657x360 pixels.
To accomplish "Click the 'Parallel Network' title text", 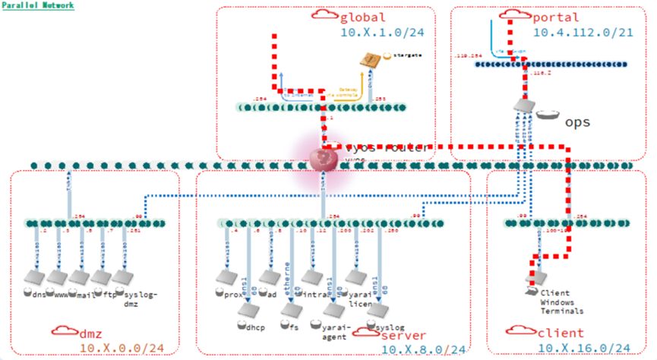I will pyautogui.click(x=37, y=5).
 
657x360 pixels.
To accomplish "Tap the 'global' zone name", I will pyautogui.click(x=364, y=17).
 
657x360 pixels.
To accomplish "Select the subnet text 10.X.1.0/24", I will pyautogui.click(x=377, y=33).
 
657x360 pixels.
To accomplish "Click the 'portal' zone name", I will pyautogui.click(x=556, y=17).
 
